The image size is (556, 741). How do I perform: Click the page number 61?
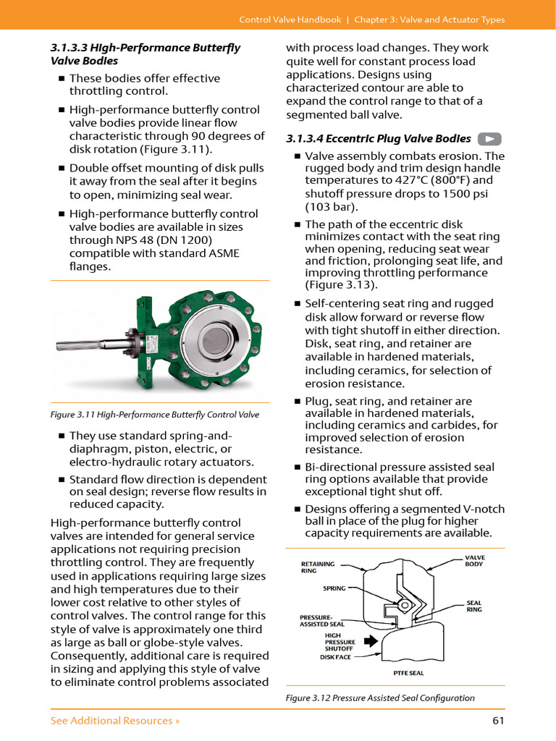point(497,720)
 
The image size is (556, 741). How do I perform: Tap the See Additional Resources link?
point(115,720)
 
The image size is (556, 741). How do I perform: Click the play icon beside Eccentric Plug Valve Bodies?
point(490,139)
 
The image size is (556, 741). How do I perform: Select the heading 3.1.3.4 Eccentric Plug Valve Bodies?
point(379,139)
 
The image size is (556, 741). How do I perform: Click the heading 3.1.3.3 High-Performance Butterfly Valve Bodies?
point(145,54)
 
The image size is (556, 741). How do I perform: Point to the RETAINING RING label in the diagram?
point(318,567)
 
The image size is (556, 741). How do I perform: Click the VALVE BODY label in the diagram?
point(474,561)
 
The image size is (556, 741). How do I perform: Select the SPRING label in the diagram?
point(334,588)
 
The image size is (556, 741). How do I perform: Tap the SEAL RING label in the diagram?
point(473,606)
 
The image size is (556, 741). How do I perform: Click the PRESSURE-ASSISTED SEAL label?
point(322,620)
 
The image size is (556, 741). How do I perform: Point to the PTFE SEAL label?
point(408,673)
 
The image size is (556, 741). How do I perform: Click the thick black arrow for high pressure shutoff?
point(370,641)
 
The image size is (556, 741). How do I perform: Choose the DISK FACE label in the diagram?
point(335,657)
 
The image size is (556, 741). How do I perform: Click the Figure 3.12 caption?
point(380,698)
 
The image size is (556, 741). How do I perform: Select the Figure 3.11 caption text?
point(154,415)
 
